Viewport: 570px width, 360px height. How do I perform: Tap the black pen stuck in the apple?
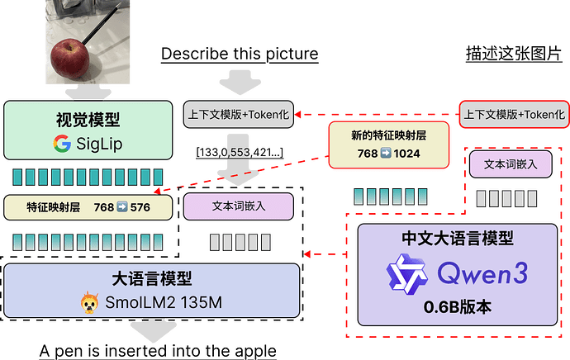[102, 24]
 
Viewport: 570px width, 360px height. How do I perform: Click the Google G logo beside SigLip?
[62, 144]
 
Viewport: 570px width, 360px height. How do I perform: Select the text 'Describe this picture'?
[240, 54]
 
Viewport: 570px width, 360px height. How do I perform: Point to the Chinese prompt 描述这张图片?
[514, 54]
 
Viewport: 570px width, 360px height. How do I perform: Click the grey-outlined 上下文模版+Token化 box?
[239, 115]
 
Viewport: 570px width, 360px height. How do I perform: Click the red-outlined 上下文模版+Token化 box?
[515, 115]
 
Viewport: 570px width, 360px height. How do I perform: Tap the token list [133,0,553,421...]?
[240, 152]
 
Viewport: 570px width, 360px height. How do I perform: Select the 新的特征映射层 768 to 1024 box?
[388, 145]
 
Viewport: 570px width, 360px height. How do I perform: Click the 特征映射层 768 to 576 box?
[88, 207]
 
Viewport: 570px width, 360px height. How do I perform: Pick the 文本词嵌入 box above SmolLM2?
[239, 206]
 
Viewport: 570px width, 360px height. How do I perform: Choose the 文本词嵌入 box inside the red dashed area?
[511, 164]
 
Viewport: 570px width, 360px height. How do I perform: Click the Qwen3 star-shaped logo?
[406, 274]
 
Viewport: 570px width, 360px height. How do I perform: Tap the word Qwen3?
[482, 273]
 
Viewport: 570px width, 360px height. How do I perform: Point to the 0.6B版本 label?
[458, 307]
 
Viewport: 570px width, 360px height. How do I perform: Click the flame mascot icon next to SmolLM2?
[89, 302]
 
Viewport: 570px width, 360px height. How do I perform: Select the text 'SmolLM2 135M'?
[164, 302]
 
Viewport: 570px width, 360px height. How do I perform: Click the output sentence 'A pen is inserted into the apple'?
[158, 351]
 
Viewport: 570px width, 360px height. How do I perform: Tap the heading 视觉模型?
[88, 120]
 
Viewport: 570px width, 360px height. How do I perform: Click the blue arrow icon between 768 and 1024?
[386, 153]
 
